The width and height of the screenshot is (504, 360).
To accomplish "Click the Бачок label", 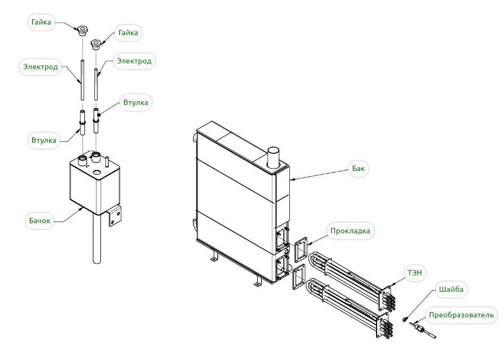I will click(x=39, y=220).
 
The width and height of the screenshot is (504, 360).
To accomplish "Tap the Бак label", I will click(x=358, y=168).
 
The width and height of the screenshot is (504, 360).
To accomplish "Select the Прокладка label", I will click(x=349, y=231).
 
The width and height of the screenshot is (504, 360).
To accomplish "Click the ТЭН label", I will click(x=414, y=272).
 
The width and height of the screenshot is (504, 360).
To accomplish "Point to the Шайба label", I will click(x=451, y=290).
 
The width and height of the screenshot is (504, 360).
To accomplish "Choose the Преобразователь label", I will click(x=462, y=315).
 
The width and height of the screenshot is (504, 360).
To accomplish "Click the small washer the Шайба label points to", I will click(x=405, y=320).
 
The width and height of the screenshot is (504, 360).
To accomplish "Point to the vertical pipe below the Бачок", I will click(x=97, y=240).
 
